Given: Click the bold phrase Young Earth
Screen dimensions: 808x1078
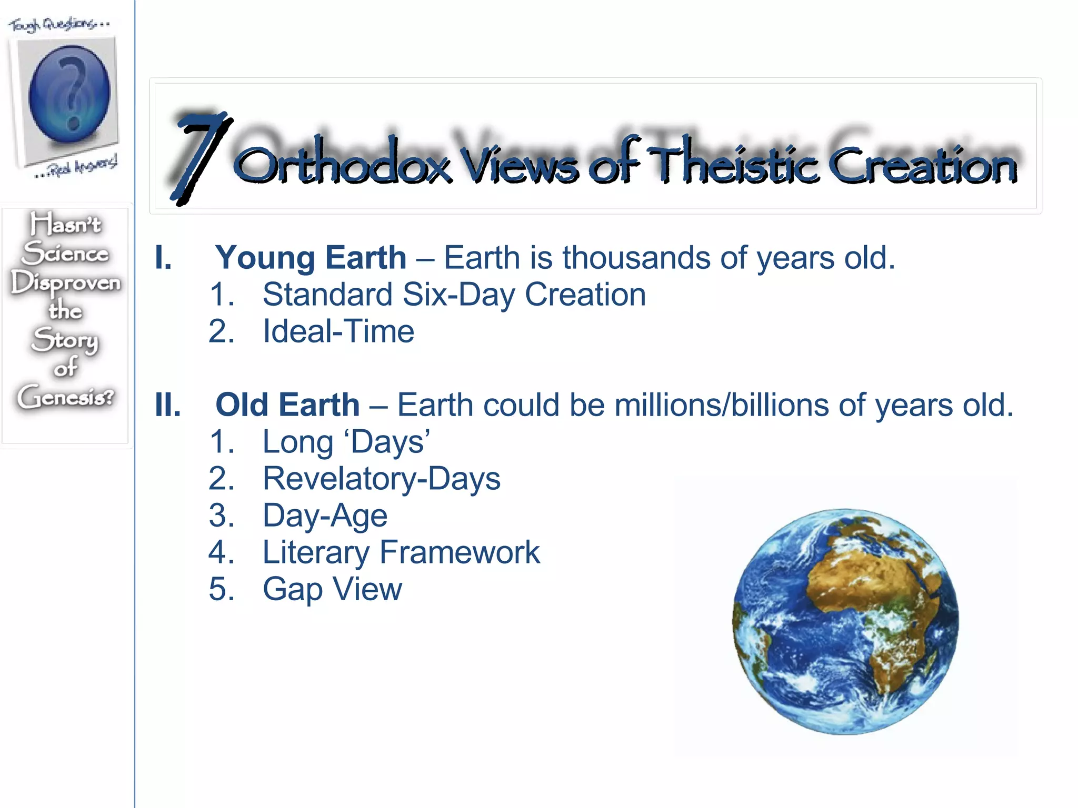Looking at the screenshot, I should click(x=311, y=258).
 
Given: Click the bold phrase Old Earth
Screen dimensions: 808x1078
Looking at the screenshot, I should click(x=287, y=405).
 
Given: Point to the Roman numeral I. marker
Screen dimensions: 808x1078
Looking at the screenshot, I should click(x=164, y=258).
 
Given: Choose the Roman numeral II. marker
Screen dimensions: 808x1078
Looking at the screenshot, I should click(x=168, y=405).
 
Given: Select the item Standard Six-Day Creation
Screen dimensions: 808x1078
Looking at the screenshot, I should click(x=454, y=295).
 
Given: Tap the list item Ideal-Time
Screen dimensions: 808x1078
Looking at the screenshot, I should click(x=338, y=331).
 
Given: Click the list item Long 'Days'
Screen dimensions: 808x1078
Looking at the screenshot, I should click(x=346, y=442).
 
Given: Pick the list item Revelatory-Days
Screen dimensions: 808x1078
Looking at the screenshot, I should click(x=381, y=479).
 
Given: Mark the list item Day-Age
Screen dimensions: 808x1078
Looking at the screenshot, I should click(x=325, y=516).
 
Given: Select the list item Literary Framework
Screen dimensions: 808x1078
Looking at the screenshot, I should click(x=401, y=552).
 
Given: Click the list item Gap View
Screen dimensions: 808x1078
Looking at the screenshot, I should click(x=332, y=589).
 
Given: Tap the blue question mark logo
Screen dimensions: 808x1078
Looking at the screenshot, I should click(x=69, y=94).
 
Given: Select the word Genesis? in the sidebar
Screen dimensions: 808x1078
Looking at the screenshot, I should click(x=65, y=397).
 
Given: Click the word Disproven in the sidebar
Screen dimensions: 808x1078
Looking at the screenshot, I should click(x=65, y=283).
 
